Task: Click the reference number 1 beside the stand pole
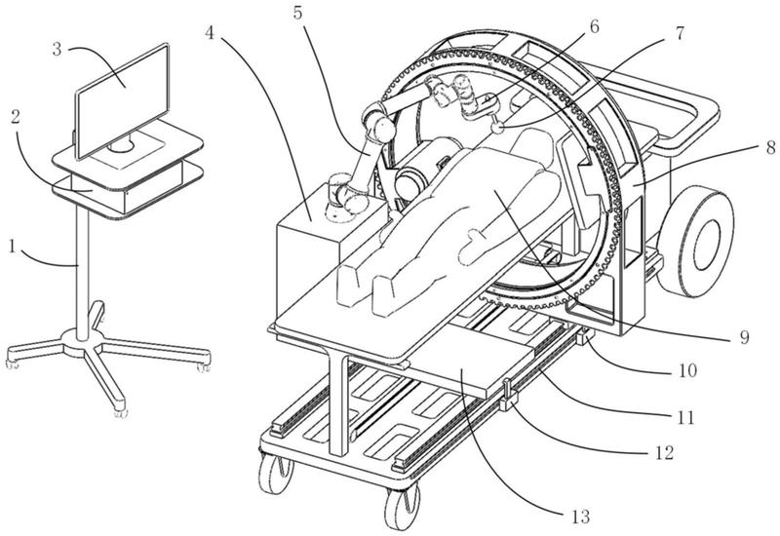(x=13, y=247)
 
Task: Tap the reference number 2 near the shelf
(x=15, y=117)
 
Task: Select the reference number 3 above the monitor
(x=57, y=50)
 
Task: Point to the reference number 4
(x=210, y=33)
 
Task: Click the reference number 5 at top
(x=297, y=13)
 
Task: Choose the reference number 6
(x=594, y=26)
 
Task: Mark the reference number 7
(x=679, y=33)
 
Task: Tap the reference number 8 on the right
(x=770, y=147)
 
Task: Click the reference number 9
(x=744, y=337)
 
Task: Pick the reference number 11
(x=685, y=417)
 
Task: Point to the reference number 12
(x=664, y=452)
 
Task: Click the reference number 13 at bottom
(x=579, y=517)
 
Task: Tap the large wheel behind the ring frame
(x=695, y=242)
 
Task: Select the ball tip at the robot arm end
(x=497, y=128)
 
